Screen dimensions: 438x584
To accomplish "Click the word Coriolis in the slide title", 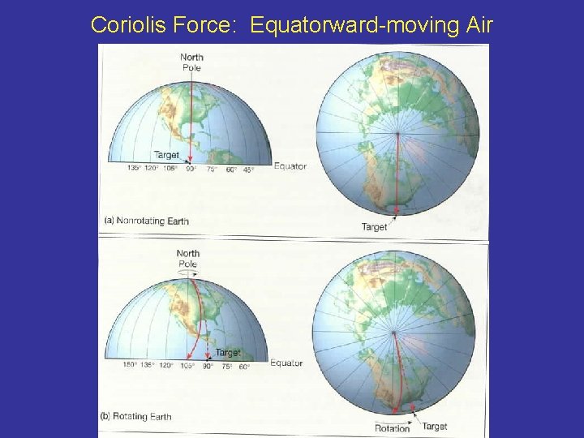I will coord(124,25).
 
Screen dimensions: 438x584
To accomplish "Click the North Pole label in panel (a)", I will coord(192,62).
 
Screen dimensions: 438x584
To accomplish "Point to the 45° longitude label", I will coord(248,169).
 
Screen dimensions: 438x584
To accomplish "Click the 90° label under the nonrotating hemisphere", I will coord(191,169).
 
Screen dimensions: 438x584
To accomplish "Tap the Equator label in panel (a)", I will coord(290,166).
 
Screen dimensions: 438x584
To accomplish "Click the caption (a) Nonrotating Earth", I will coord(147,221).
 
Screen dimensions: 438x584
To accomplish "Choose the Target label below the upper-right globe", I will coord(375,226).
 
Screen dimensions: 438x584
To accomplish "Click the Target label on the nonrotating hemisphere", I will coord(167,155).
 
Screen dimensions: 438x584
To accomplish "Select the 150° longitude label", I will coord(129,365).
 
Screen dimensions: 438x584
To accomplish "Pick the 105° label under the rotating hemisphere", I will coord(187,365).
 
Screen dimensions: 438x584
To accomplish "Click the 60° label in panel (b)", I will coord(243,365).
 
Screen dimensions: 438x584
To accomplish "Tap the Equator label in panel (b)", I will coord(286,363).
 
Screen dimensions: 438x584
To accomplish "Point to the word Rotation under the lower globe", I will coord(393,428).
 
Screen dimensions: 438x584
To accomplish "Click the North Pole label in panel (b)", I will coord(187,258).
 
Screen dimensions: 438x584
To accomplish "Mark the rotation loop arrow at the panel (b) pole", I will coord(187,273).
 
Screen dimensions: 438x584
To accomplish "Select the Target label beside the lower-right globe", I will coord(435,426).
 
